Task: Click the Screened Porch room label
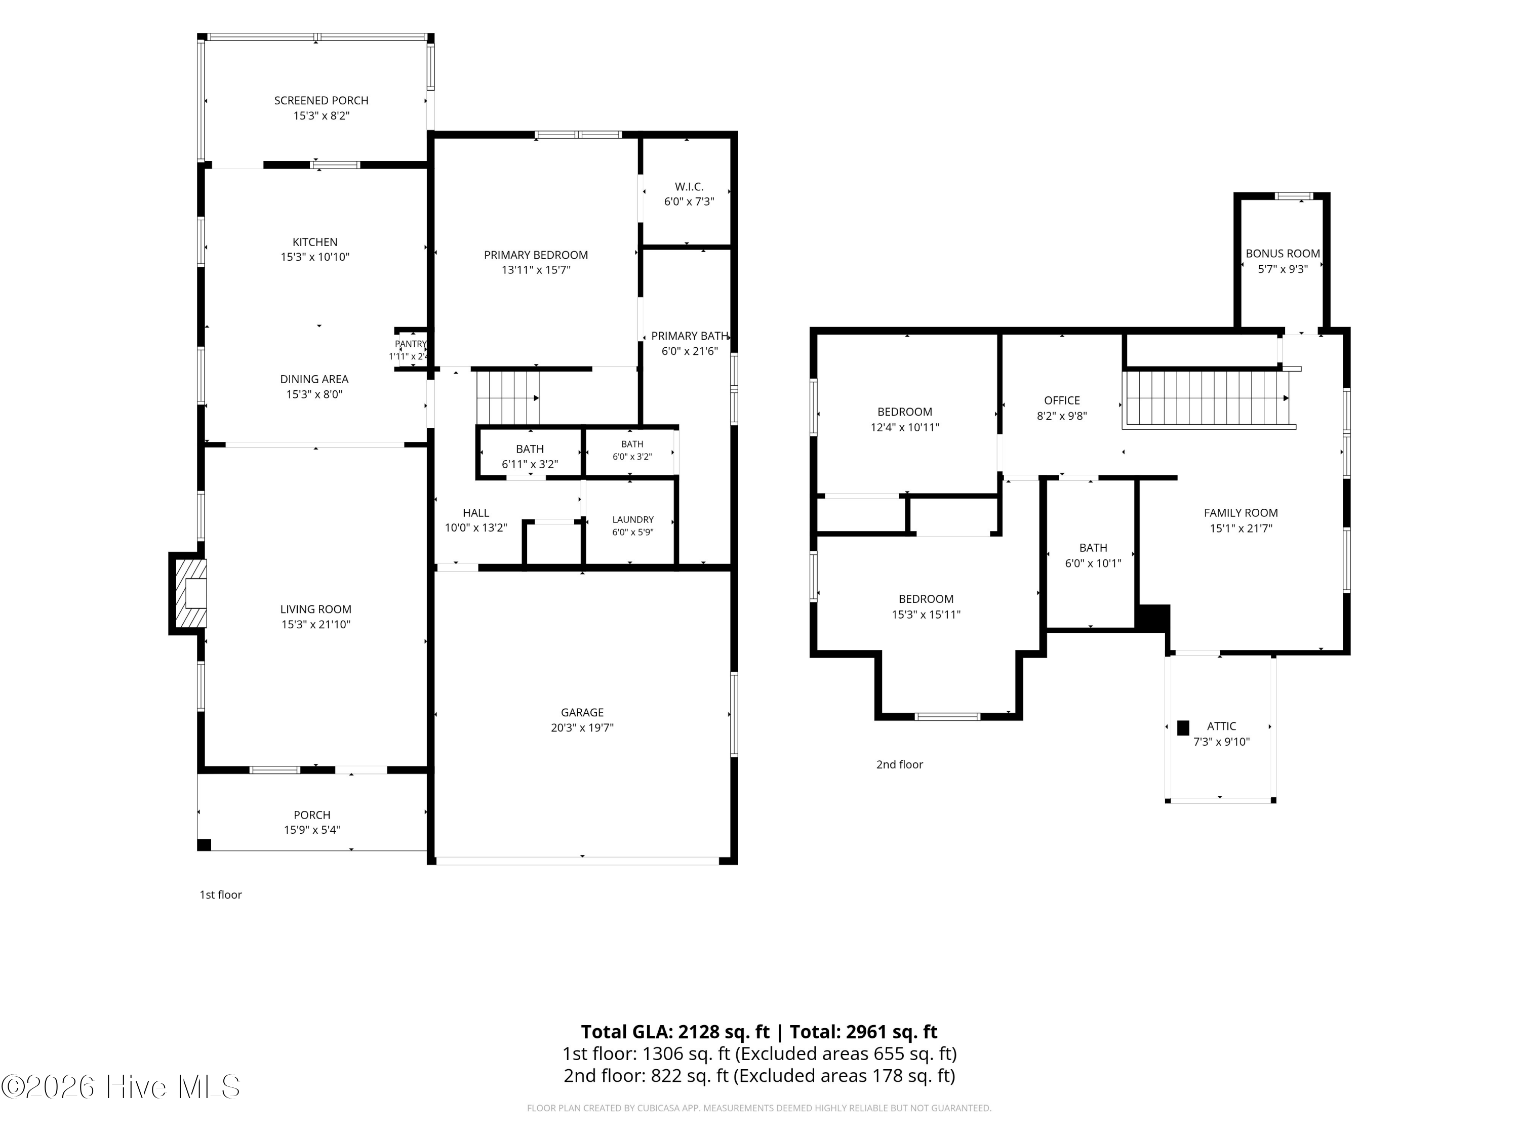coord(322,100)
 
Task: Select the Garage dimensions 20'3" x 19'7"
coord(582,728)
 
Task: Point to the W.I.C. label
coord(689,187)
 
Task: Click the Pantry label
coord(411,344)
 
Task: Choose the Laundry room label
coord(633,520)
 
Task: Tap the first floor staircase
coord(508,397)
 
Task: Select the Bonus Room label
coord(1283,253)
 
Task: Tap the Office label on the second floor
coord(1062,400)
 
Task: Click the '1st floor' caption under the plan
coord(220,894)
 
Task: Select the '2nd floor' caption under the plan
coord(900,764)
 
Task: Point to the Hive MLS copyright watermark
coord(121,1087)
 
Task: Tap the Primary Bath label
coord(690,336)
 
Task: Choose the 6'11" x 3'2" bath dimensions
coord(530,464)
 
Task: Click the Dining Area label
coord(314,379)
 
